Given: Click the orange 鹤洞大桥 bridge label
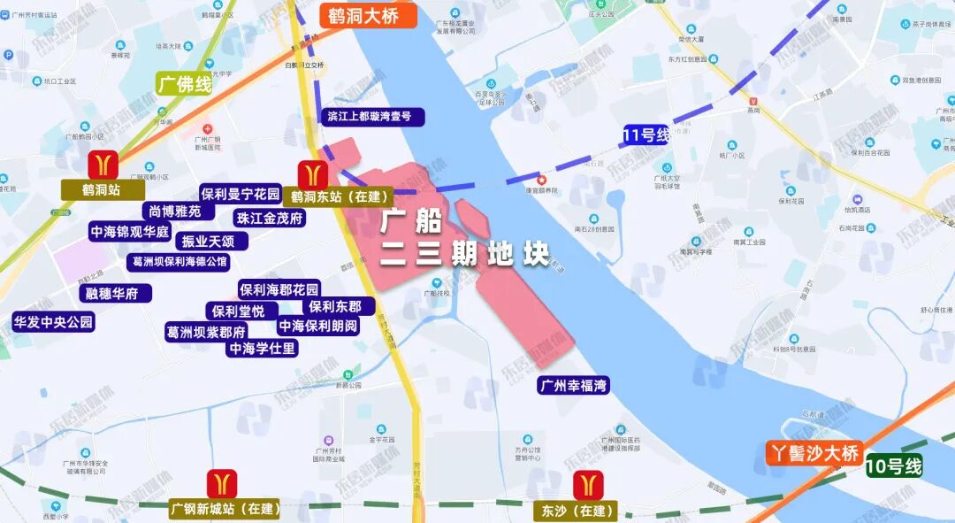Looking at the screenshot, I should click(363, 16).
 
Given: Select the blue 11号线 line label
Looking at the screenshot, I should click(646, 135).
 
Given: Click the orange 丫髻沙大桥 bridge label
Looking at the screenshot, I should click(814, 454).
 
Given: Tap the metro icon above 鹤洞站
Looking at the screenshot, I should click(104, 164).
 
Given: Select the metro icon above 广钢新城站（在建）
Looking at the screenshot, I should click(222, 484).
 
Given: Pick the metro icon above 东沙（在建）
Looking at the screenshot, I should click(587, 485).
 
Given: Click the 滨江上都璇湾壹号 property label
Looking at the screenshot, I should click(369, 116).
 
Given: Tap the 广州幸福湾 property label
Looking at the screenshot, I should click(574, 386).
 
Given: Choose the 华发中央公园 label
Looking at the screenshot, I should click(52, 322).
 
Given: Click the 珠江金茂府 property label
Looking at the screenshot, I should click(270, 218).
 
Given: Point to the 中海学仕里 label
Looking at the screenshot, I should click(263, 349).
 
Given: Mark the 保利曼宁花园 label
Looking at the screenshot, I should click(240, 194).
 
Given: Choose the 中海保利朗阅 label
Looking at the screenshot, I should click(318, 326).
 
